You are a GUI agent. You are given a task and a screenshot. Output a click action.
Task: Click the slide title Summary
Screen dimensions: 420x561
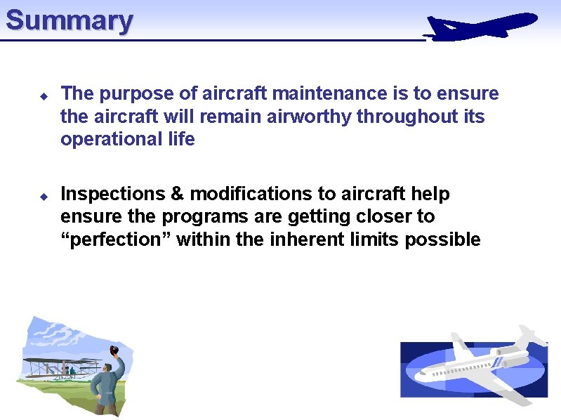tap(69, 20)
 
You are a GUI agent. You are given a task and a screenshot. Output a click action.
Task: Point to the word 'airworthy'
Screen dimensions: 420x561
tap(309, 116)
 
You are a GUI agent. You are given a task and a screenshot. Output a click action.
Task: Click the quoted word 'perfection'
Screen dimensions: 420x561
tap(116, 239)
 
